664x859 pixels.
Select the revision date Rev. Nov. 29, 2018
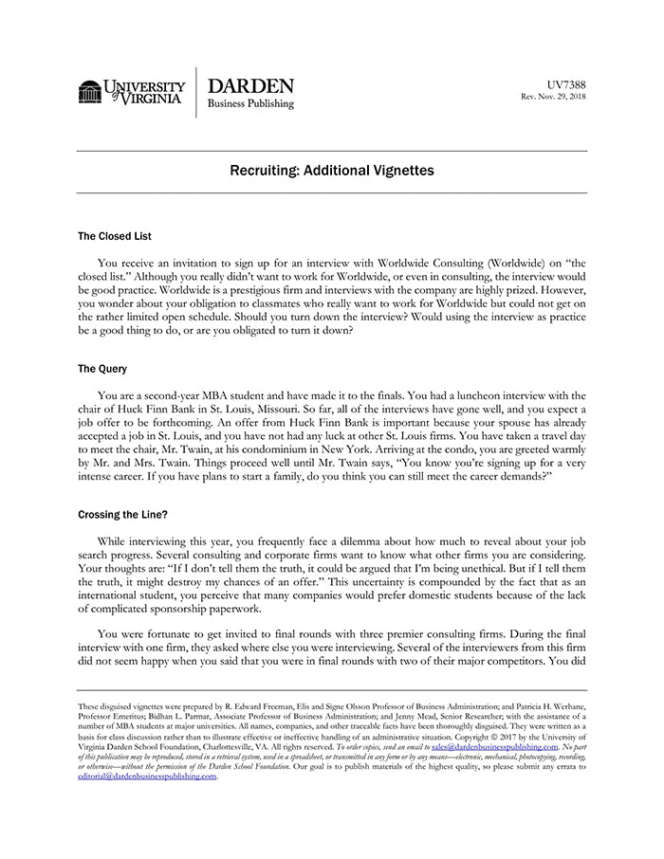point(554,97)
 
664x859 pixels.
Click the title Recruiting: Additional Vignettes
point(332,171)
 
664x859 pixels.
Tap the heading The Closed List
point(115,236)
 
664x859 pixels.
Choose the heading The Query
point(102,369)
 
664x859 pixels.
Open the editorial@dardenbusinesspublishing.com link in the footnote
point(147,776)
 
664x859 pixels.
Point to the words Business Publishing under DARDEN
point(250,104)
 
